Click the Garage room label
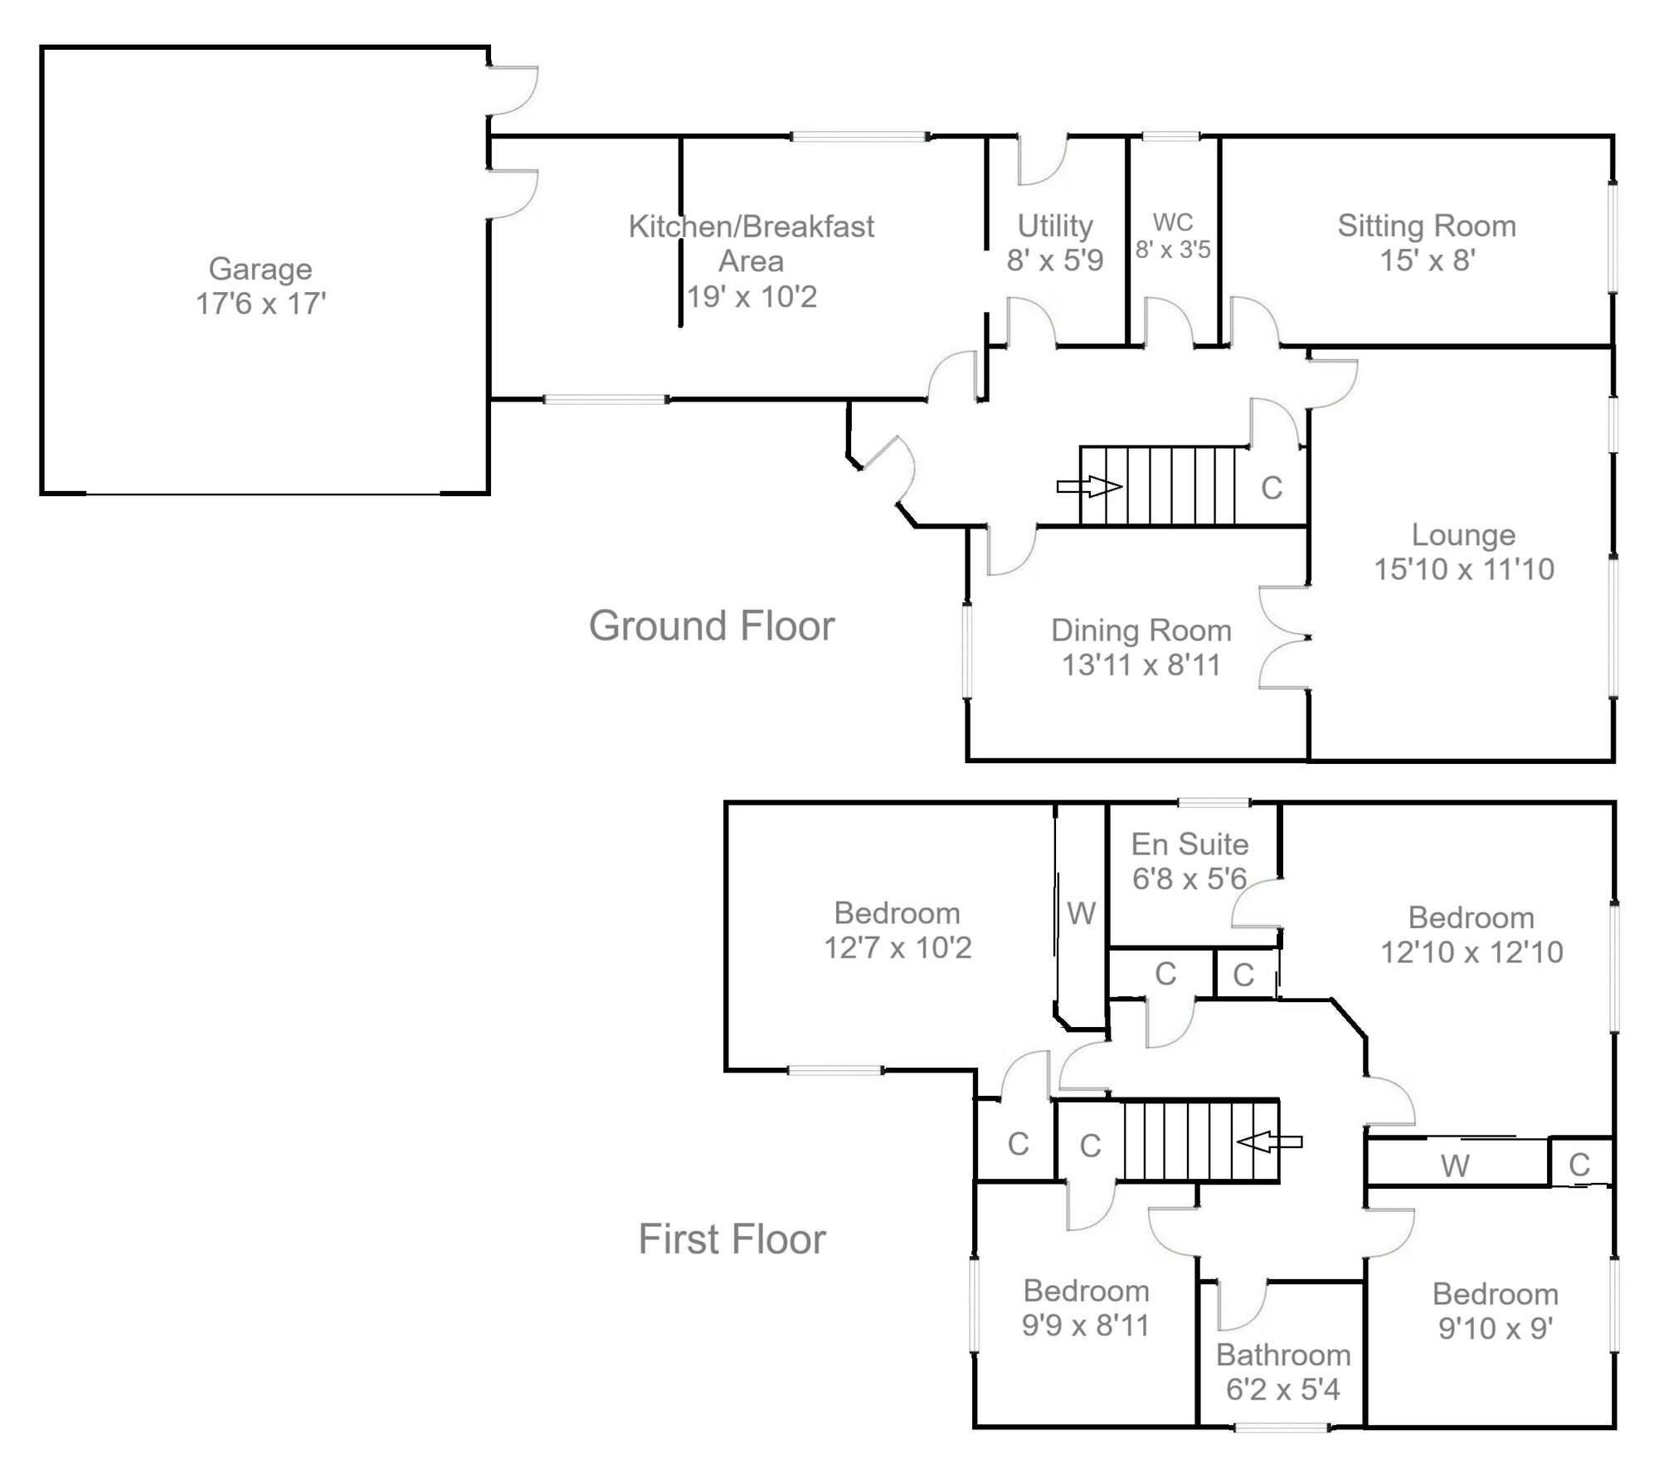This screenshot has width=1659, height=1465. coord(260,270)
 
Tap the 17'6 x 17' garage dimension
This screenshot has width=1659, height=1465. coord(260,304)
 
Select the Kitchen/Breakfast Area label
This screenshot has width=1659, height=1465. coord(752,243)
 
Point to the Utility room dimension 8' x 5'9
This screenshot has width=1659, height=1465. coord(1055,260)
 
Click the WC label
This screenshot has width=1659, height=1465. coord(1173,222)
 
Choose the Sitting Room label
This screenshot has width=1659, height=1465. coord(1427,226)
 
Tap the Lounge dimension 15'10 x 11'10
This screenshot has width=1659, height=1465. coord(1464,569)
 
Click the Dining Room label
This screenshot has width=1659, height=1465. coord(1141,630)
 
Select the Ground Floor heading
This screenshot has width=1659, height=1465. coord(712,625)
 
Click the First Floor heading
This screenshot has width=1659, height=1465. coord(732,1239)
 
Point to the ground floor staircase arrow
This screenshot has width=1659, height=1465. coord(1089,486)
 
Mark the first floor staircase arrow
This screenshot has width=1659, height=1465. coord(1269,1141)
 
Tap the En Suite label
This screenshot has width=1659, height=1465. coord(1190,844)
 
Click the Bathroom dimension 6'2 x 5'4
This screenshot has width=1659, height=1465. coord(1283,1389)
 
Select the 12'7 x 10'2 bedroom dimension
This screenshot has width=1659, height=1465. coord(898,947)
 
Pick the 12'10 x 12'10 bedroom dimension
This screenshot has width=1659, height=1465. coord(1472,952)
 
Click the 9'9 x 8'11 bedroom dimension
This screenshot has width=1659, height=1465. coord(1086,1326)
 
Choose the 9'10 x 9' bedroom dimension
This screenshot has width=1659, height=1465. coord(1496,1328)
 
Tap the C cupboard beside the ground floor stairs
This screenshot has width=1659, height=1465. coord(1272,489)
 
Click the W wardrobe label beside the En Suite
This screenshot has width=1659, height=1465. coord(1082,913)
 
